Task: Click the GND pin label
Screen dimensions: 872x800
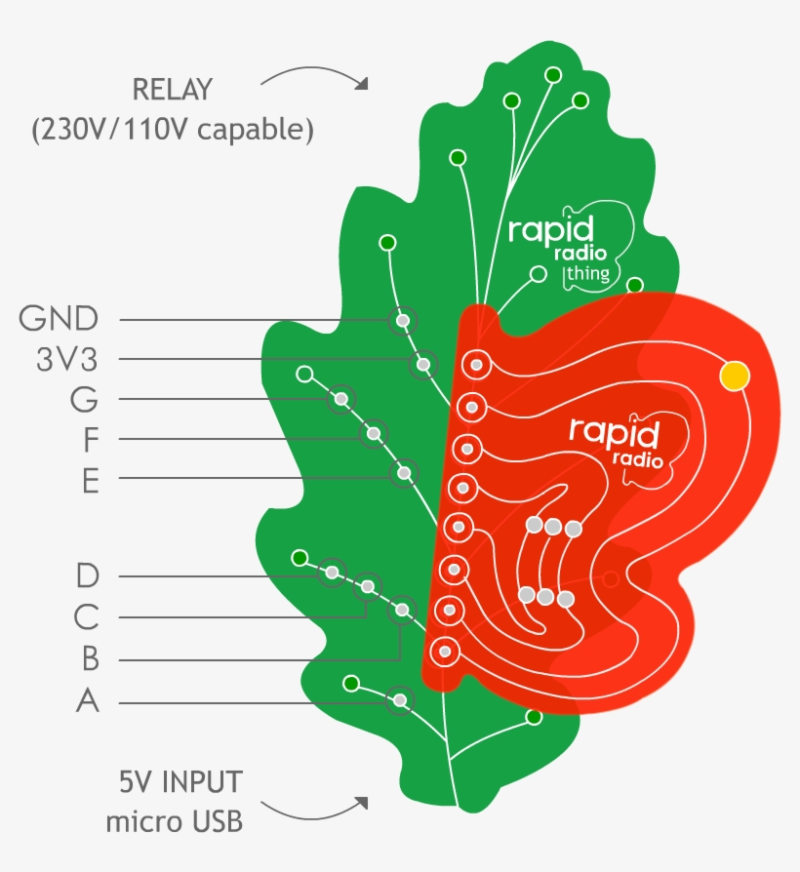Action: click(x=59, y=319)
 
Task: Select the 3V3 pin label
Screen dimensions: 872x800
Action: click(x=66, y=360)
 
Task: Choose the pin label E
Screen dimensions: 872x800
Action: click(x=91, y=481)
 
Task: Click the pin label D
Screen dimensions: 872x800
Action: click(x=88, y=576)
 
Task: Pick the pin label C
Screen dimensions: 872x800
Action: click(x=88, y=617)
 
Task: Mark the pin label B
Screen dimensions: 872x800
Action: click(x=90, y=660)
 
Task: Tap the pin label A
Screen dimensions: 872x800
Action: click(x=88, y=701)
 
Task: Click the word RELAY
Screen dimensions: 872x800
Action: click(x=172, y=92)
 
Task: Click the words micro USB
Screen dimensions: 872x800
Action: click(x=175, y=821)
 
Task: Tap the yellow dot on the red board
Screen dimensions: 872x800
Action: click(x=735, y=375)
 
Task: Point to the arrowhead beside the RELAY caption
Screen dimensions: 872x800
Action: click(x=362, y=84)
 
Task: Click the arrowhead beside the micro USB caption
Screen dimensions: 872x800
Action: click(x=362, y=803)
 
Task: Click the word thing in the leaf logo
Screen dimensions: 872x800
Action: click(x=587, y=274)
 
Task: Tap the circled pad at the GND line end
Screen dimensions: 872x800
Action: click(x=402, y=320)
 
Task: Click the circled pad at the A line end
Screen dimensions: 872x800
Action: click(x=399, y=699)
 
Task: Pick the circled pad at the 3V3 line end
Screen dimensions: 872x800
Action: click(x=423, y=365)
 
